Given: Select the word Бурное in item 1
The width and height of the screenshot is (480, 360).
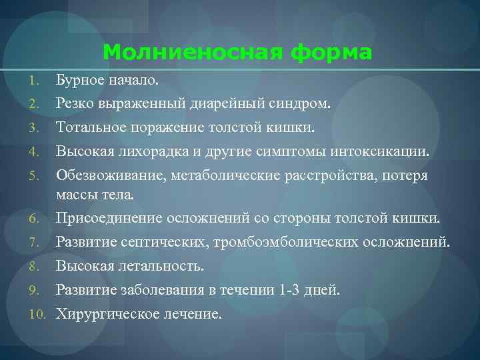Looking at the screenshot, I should point(80,81).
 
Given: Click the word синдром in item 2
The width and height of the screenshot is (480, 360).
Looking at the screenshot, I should point(301,104).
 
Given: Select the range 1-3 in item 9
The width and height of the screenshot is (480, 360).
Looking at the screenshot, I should point(288,290).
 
